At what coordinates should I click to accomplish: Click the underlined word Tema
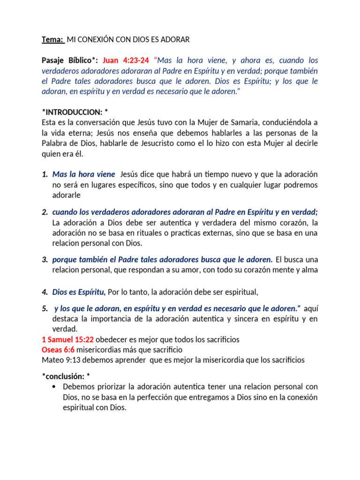pos(52,40)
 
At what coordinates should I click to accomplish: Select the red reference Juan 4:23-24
pos(126,60)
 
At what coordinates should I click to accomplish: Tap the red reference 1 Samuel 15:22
pos(67,339)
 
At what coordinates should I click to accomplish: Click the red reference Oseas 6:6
pos(58,350)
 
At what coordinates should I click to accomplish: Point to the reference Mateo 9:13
pos(62,360)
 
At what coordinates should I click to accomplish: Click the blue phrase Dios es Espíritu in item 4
pos(78,292)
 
